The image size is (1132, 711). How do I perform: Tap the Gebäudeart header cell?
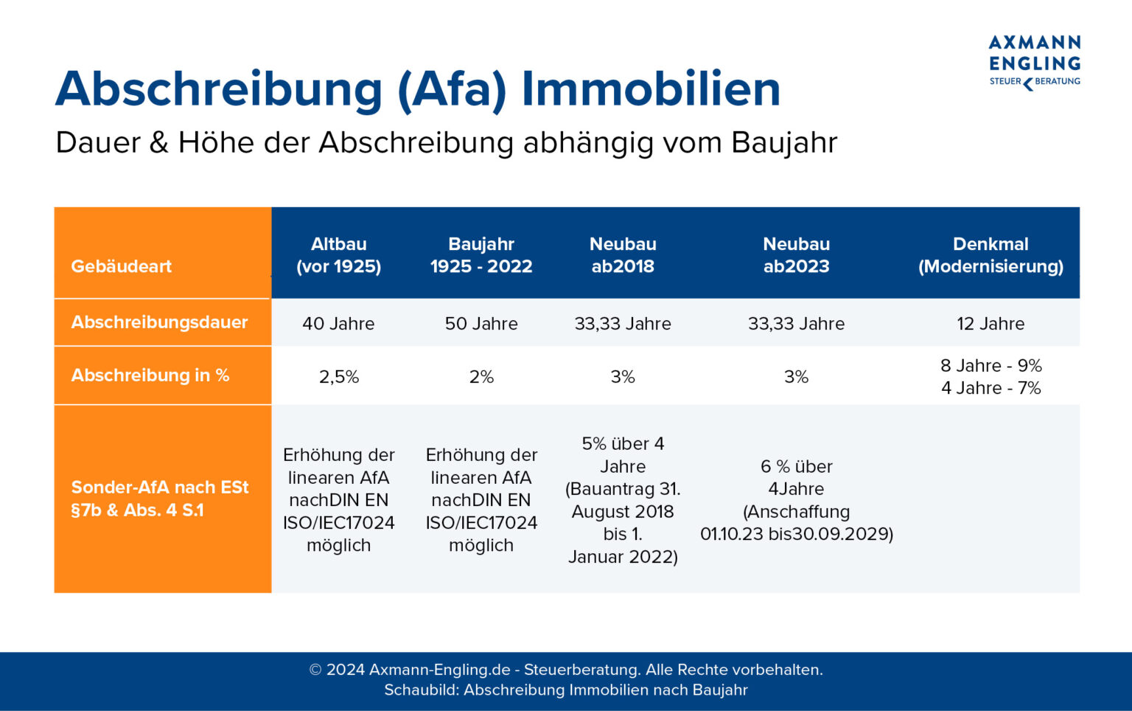coord(122,266)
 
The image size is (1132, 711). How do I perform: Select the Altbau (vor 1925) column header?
coord(338,255)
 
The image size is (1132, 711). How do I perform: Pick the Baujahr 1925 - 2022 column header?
coord(481,255)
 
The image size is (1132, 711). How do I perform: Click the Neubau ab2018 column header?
coord(623,255)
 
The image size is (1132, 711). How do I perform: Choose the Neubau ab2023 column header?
coord(796,255)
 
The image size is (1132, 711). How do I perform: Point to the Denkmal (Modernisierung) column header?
coord(990,255)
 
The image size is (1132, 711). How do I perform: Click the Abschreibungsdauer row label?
coord(159,322)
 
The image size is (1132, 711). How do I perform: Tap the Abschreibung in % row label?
coord(150,375)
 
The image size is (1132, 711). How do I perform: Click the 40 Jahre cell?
coord(338,324)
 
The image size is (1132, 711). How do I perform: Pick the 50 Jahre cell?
coord(481,324)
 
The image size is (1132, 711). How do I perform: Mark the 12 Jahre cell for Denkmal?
coord(990,324)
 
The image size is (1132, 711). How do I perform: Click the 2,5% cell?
coord(339,377)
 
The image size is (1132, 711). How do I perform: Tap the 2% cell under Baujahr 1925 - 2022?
coord(481,377)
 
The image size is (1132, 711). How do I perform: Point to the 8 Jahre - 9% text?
coord(990,366)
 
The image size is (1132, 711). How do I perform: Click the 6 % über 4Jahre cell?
coord(796,500)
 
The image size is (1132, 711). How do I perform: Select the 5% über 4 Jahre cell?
coord(623,500)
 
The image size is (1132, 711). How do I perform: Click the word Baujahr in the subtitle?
coord(784,143)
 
